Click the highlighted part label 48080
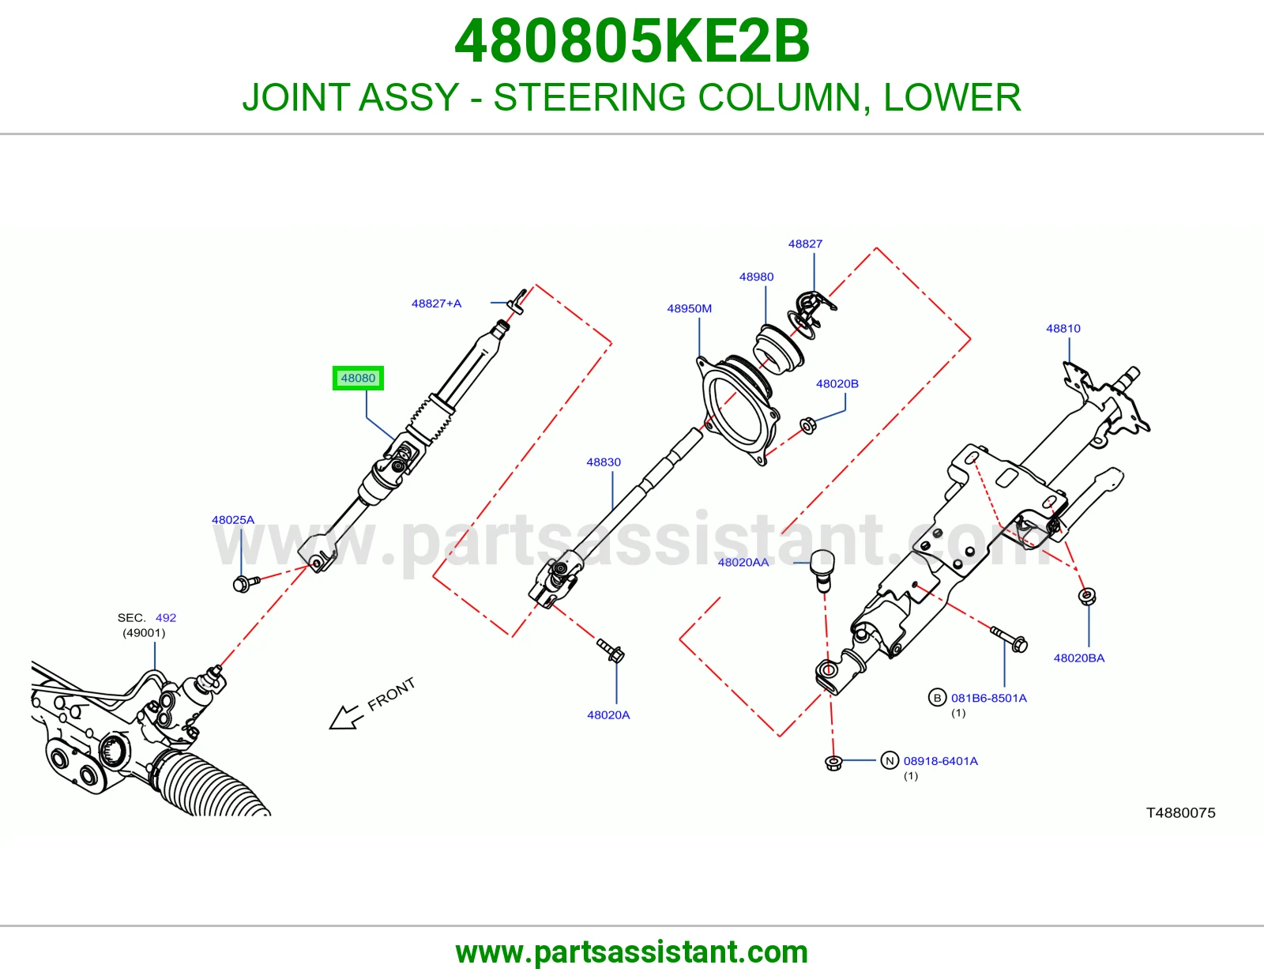pos(358,379)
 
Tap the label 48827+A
pos(436,303)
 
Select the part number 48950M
pos(690,308)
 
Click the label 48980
pos(756,277)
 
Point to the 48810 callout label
pos(1063,328)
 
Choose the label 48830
pos(604,462)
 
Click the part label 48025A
pos(233,520)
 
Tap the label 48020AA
pos(743,562)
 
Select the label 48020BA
pos(1079,658)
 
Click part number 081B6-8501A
pos(989,698)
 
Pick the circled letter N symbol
pos(890,760)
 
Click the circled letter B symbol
pos(937,698)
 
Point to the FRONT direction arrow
pos(347,718)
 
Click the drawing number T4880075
pos(1181,813)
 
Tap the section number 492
pos(166,617)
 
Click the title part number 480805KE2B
pos(632,41)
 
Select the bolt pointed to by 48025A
pos(246,582)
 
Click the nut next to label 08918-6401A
pos(833,763)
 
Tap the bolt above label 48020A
pos(611,650)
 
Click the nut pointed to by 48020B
pos(808,426)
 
